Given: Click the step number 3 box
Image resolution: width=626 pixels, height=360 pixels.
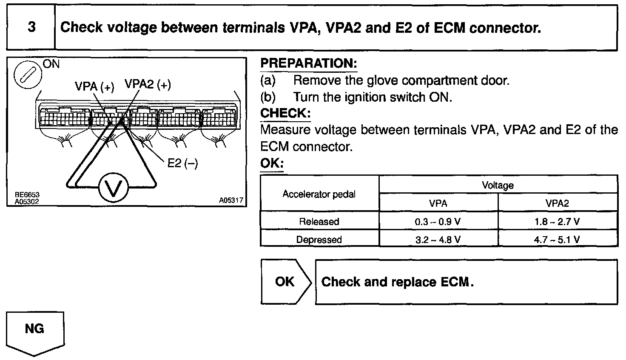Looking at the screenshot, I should click(31, 28).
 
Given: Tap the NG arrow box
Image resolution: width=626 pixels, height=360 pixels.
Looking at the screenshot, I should click(35, 331).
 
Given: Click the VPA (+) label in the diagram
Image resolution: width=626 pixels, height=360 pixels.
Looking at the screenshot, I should click(94, 87).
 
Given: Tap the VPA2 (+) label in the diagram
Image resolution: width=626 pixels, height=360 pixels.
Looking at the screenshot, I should click(148, 85).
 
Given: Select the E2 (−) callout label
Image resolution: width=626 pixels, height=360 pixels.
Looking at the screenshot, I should click(182, 163).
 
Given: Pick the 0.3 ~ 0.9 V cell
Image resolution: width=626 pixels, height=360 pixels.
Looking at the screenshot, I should click(438, 222).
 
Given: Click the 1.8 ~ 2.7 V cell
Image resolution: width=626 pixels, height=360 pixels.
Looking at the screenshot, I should click(557, 222).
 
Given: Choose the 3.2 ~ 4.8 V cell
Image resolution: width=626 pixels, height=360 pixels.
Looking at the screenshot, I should click(438, 240).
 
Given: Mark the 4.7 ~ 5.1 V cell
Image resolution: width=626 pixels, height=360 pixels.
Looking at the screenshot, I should click(557, 240).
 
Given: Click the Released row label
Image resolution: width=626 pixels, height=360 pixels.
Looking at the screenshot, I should click(319, 222).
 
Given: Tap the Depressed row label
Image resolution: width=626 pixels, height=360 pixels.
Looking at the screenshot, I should click(319, 240).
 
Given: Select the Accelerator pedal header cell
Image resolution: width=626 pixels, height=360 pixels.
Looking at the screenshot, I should click(319, 194).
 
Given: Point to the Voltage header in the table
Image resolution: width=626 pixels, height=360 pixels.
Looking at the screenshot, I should click(498, 185).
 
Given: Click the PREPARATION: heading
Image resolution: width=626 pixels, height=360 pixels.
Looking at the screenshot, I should click(308, 63).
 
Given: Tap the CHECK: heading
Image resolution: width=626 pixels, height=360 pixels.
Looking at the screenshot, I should click(285, 113).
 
